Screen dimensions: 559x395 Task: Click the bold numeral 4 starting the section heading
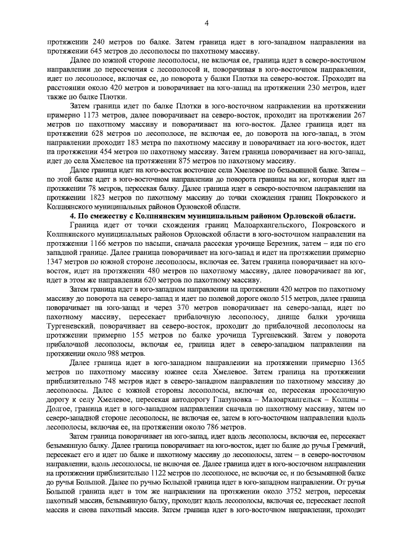pos(73,214)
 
